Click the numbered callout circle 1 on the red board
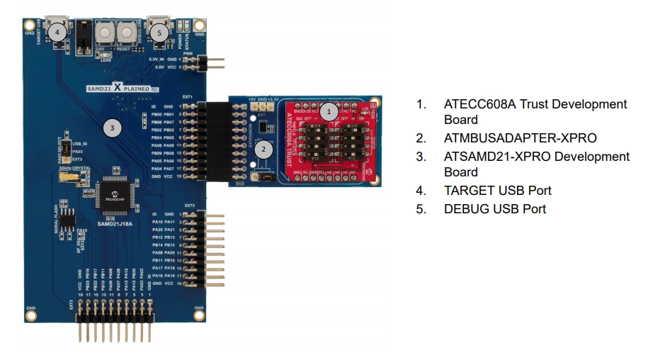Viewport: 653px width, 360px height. point(327,111)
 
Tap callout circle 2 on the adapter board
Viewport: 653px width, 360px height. point(263,149)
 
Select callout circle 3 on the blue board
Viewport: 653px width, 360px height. point(112,128)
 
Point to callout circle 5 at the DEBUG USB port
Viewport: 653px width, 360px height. point(160,32)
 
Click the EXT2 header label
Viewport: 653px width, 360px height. point(189,206)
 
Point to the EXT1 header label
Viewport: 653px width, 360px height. point(188,96)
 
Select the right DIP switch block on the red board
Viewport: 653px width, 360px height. point(354,142)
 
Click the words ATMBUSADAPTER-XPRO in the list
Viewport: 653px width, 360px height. point(520,137)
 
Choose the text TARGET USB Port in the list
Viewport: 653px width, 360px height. point(497,190)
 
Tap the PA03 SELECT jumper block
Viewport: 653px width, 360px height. point(64,150)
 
